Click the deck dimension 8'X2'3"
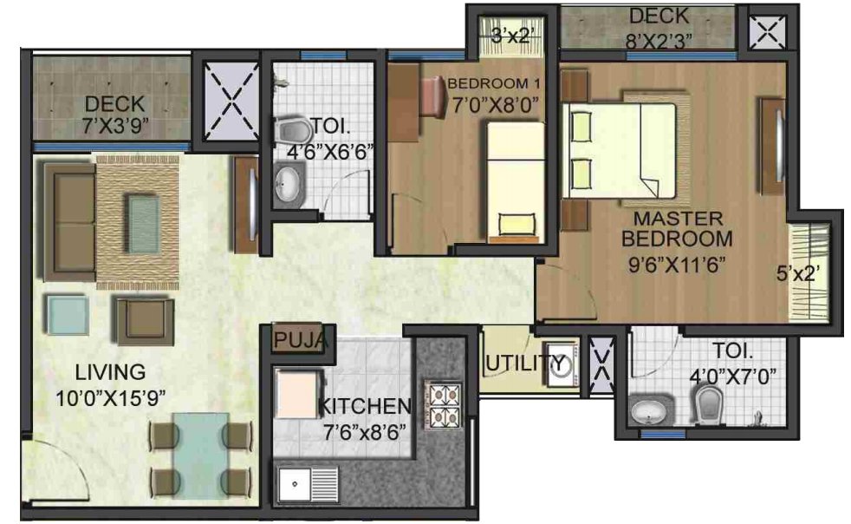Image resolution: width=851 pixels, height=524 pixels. tap(659, 38)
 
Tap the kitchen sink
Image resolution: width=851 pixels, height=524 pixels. tap(297, 482)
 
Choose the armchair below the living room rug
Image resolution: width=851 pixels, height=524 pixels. tap(144, 318)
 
